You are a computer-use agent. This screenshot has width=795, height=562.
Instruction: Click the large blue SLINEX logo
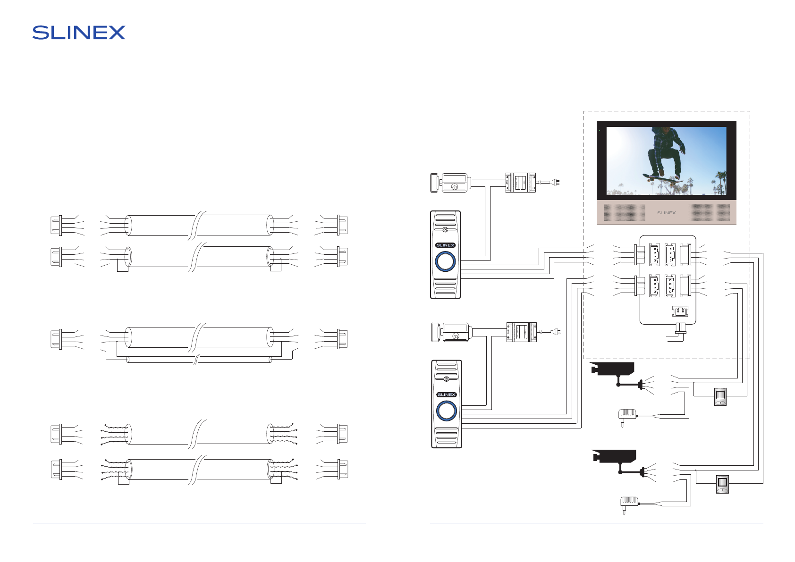pos(79,33)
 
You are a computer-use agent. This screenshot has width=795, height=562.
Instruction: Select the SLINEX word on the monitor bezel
pos(666,213)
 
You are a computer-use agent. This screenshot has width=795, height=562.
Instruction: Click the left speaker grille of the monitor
pos(625,212)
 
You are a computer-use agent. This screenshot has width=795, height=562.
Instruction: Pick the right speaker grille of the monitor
pos(709,212)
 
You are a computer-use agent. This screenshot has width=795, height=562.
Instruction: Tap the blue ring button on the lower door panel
pos(446,411)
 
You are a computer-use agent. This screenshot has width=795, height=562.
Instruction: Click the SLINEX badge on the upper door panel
pos(445,245)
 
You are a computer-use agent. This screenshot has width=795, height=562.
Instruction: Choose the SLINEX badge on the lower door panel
pos(446,394)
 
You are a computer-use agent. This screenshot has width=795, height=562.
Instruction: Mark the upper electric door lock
pos(449,183)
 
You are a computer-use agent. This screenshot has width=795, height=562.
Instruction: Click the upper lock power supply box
pos(521,183)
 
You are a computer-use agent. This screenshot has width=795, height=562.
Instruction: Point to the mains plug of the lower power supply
pos(557,332)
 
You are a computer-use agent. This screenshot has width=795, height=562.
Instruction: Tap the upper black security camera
pos(612,369)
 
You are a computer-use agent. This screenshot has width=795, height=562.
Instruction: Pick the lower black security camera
pos(614,456)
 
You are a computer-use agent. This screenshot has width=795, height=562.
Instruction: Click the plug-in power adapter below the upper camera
pos(626,416)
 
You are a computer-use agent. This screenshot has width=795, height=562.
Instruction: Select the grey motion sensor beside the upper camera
pos(720,396)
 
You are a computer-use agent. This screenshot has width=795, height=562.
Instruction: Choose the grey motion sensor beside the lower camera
pos(722,484)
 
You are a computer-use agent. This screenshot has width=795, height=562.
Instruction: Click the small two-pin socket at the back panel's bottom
pos(680,311)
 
